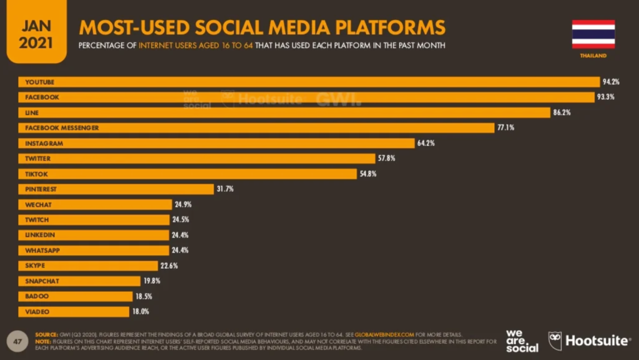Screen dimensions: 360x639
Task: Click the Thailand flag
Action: (x=593, y=34)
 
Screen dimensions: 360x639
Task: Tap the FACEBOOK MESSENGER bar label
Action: (x=62, y=128)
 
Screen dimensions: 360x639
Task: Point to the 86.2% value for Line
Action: (x=562, y=113)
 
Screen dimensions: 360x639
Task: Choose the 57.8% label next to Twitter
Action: (x=386, y=158)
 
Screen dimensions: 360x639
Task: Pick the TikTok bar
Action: (x=187, y=173)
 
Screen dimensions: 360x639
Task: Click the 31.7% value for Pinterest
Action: (x=225, y=189)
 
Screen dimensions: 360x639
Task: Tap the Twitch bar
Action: (x=94, y=220)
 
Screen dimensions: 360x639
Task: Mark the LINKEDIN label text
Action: (x=40, y=235)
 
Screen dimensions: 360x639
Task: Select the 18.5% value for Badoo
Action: (x=143, y=296)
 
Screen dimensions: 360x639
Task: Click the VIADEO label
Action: (x=37, y=311)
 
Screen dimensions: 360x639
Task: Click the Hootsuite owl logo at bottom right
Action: (x=555, y=341)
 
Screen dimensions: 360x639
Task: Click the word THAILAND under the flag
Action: (x=593, y=56)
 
